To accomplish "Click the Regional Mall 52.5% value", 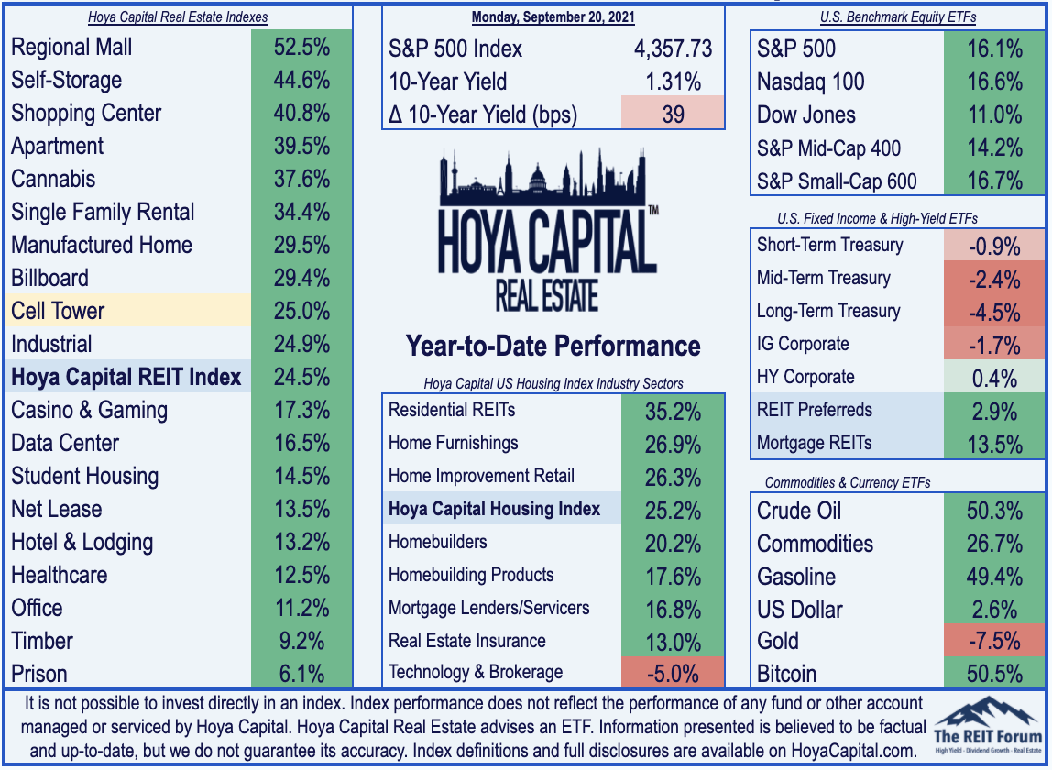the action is click(x=301, y=47).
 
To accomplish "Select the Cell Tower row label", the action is click(x=58, y=311).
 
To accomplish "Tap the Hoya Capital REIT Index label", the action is click(x=126, y=377).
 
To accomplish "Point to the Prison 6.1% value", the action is click(x=301, y=674).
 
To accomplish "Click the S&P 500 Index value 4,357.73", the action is click(x=673, y=49).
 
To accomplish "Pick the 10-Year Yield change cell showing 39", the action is click(x=673, y=113).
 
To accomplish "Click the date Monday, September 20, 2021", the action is click(x=553, y=16).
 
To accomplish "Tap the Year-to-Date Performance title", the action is click(x=553, y=346).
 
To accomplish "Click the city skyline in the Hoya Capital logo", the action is click(x=542, y=177).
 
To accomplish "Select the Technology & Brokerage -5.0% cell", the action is click(x=673, y=673).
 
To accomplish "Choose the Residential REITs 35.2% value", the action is click(x=673, y=411).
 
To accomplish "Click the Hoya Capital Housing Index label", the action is click(x=495, y=509).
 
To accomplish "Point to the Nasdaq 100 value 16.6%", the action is click(x=995, y=82).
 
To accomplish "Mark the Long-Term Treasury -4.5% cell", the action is click(x=994, y=313).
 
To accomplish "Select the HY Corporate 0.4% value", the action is click(x=994, y=379).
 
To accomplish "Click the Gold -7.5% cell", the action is click(x=994, y=641).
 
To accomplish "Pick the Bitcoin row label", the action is click(x=786, y=674).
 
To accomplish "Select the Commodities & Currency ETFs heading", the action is click(x=848, y=483).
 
